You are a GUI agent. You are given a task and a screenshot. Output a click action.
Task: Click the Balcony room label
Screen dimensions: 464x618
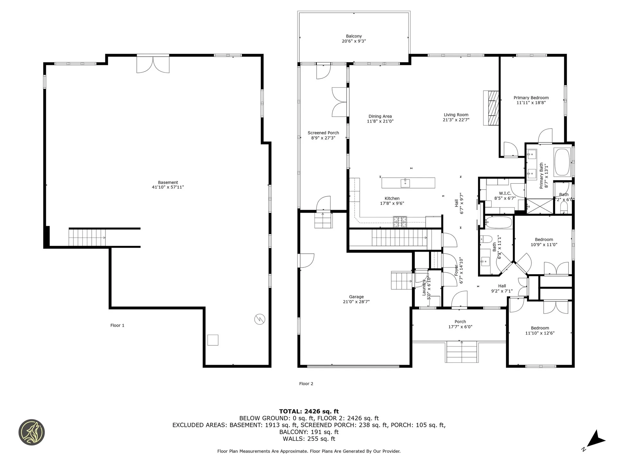click(x=354, y=36)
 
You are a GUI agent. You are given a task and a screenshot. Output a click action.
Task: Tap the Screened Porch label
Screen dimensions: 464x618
click(x=323, y=133)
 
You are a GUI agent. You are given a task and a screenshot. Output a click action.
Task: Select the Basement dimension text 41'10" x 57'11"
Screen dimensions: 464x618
click(x=168, y=187)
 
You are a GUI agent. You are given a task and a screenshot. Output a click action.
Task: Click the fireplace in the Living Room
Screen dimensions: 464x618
click(x=491, y=108)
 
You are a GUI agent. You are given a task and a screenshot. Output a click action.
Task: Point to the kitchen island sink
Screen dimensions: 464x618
click(x=405, y=183)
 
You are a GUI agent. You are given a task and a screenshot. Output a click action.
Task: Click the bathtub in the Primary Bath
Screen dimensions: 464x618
click(x=562, y=162)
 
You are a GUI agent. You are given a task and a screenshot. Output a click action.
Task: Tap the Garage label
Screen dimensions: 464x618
click(x=356, y=297)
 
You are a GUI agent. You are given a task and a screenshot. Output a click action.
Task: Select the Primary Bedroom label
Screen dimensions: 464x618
click(x=531, y=98)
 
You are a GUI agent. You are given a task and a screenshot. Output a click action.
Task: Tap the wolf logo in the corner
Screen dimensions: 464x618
click(x=32, y=432)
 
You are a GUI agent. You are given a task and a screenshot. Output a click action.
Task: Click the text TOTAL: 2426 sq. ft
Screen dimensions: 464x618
click(x=309, y=411)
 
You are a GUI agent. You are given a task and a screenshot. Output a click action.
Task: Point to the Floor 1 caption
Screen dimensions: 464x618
click(x=117, y=325)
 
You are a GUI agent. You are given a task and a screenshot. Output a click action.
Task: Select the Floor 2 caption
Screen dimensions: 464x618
click(x=306, y=384)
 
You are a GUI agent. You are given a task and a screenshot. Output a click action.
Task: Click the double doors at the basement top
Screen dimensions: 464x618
click(x=153, y=64)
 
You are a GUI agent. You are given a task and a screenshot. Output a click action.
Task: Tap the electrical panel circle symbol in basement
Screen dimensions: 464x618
click(x=260, y=319)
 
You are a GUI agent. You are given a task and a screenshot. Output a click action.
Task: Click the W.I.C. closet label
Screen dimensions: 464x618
click(x=505, y=193)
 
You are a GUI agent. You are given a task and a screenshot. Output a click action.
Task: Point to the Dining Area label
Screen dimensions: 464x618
click(x=380, y=116)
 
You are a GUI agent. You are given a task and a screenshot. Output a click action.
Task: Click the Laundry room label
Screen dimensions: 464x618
click(x=424, y=288)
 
